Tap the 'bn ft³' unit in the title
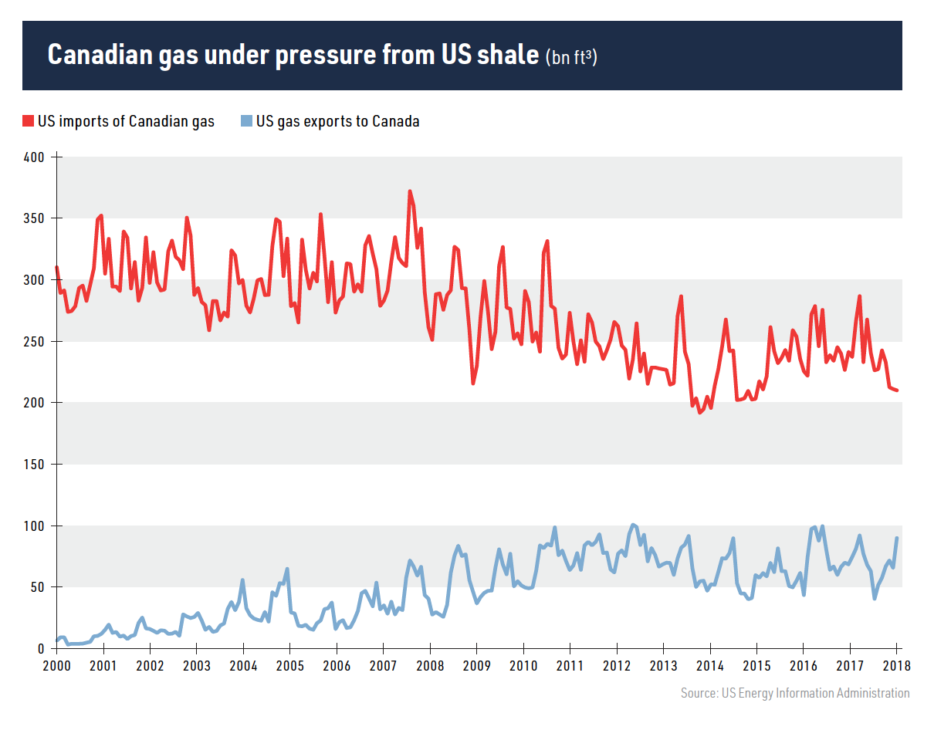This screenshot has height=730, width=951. click(571, 57)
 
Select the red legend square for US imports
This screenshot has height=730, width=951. click(29, 121)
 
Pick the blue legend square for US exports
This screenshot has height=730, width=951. click(247, 121)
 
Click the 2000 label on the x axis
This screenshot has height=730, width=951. click(56, 666)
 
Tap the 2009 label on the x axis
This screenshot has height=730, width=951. click(476, 666)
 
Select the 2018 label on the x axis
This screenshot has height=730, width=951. click(896, 666)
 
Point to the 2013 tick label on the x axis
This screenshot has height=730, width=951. click(663, 666)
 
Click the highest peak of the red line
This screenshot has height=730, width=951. click(410, 191)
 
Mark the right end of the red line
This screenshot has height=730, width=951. click(897, 390)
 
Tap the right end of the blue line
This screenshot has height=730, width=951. click(897, 538)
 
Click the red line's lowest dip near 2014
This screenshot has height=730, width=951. click(700, 412)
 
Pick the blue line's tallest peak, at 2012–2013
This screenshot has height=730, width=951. click(633, 525)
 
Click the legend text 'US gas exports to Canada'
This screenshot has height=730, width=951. click(338, 121)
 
